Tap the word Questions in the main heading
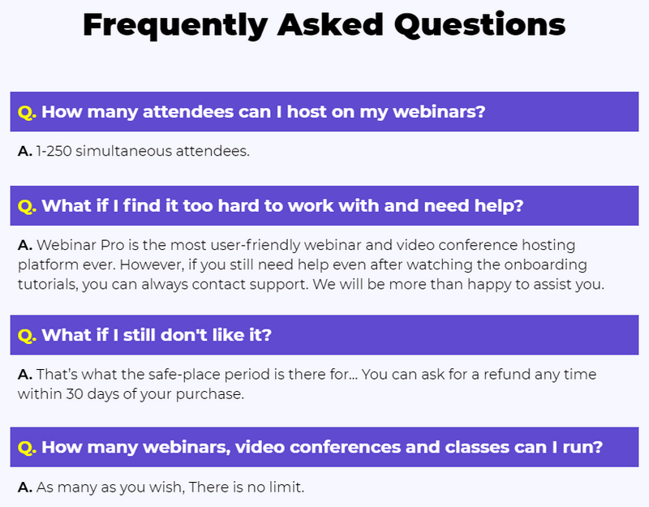click(479, 24)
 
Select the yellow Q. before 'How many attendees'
click(27, 112)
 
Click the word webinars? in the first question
click(439, 112)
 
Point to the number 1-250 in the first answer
click(54, 151)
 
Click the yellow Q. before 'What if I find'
click(27, 206)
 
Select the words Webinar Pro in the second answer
click(80, 245)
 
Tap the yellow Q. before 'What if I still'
click(27, 335)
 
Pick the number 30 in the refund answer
click(75, 394)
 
